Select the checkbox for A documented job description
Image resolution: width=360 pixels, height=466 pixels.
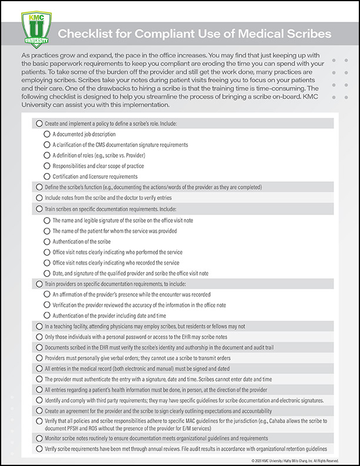point(47,134)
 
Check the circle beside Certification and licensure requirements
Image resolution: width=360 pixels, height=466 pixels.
point(47,176)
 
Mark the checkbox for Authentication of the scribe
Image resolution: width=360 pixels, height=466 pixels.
point(47,242)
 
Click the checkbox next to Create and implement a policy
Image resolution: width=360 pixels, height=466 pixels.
point(39,124)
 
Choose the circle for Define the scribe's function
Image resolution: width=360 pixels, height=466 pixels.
point(39,187)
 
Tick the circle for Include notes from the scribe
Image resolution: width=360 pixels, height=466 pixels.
point(39,198)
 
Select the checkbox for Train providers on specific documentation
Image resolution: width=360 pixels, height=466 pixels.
point(39,284)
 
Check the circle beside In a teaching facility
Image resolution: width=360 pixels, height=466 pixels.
point(39,326)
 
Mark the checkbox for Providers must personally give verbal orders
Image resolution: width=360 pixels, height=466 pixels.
point(39,358)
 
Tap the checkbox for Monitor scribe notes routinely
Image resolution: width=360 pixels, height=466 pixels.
point(39,438)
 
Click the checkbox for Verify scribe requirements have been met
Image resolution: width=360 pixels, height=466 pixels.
point(39,449)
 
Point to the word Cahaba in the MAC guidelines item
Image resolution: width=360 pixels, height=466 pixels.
point(278,421)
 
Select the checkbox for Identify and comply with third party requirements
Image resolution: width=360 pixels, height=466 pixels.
point(39,400)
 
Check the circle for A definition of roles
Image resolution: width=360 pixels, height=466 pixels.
point(47,155)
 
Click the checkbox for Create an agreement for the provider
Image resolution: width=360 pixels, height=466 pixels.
point(39,411)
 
